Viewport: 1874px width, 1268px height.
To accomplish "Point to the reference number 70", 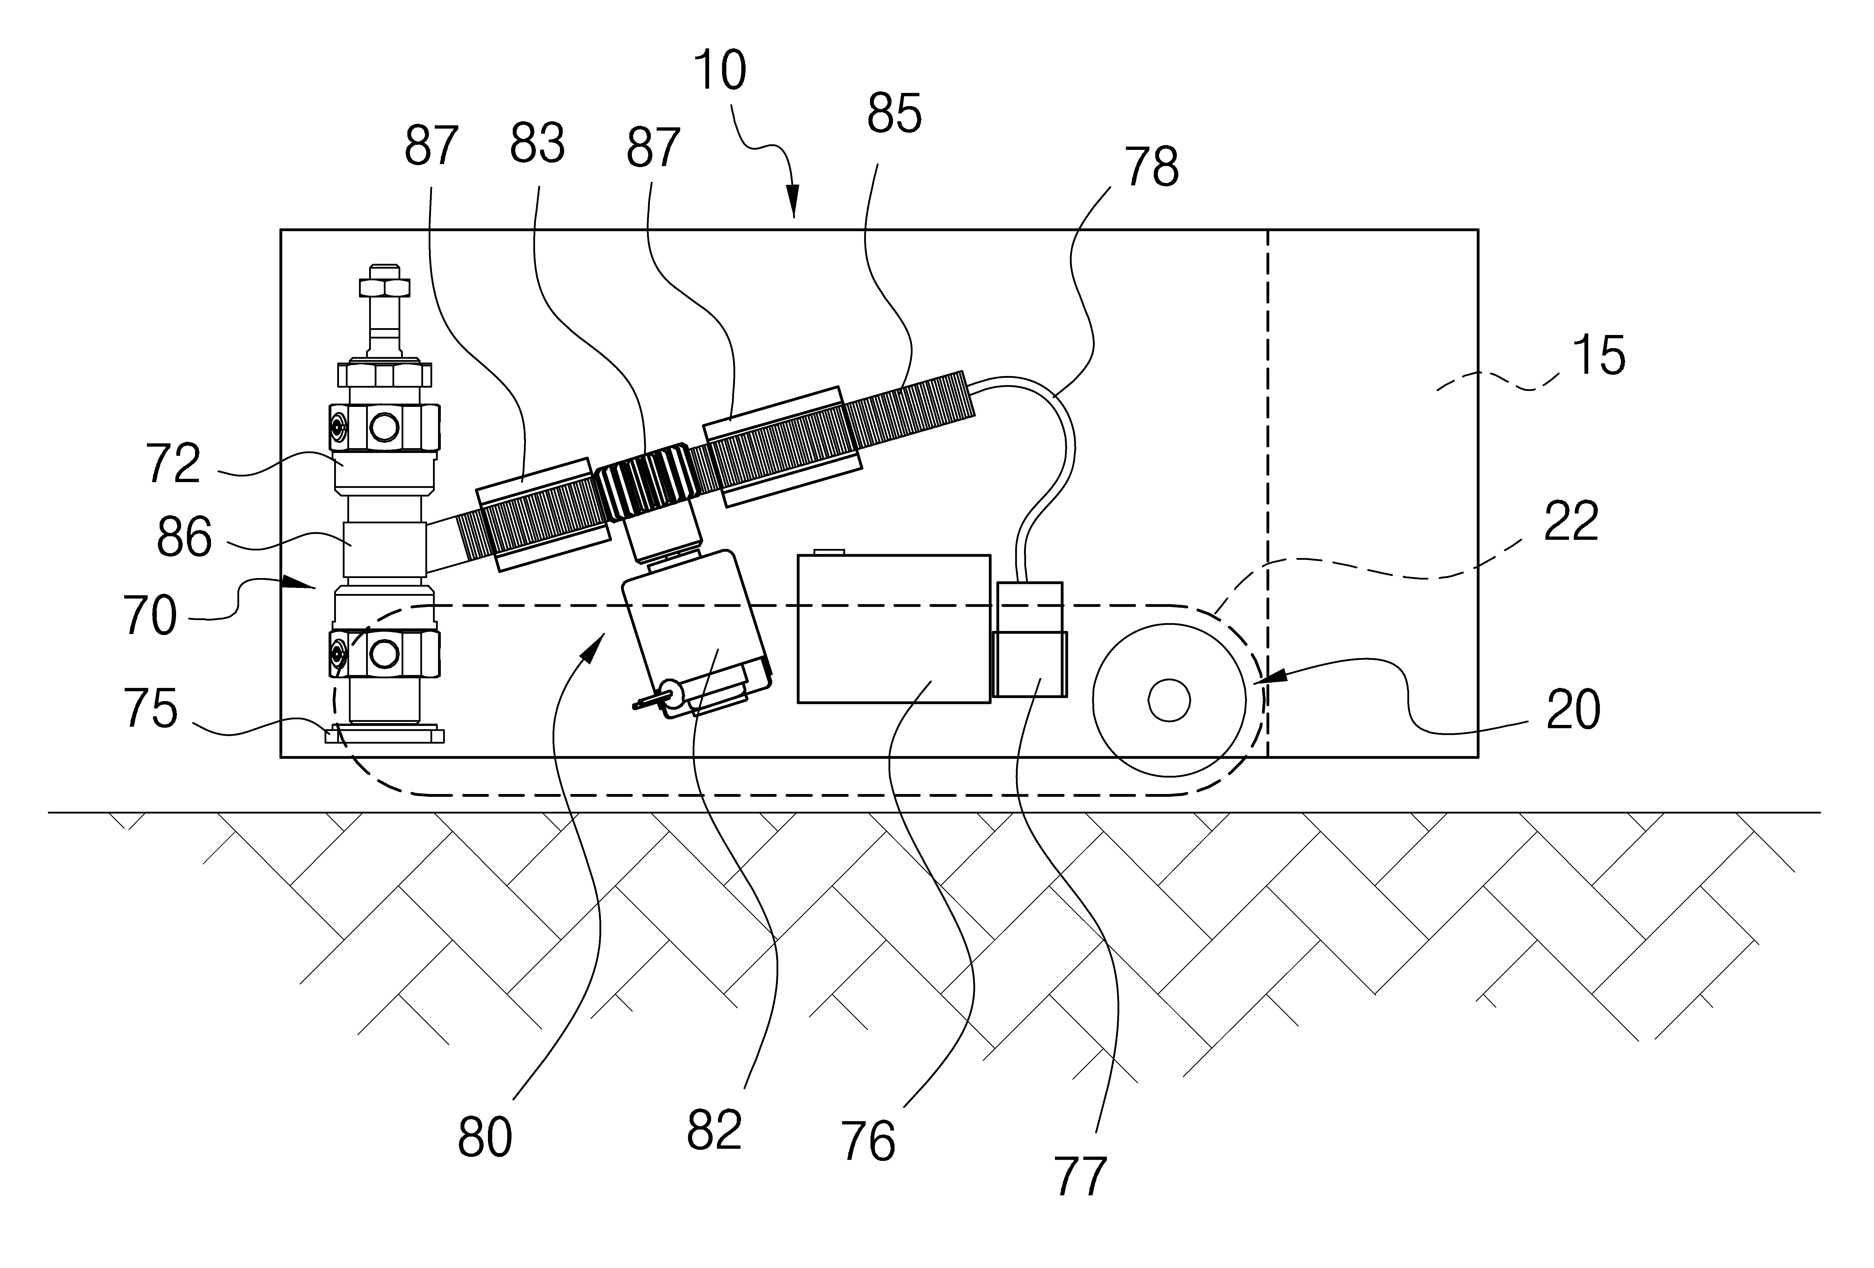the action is [x=150, y=616].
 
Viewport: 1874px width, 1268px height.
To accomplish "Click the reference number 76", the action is [x=868, y=1141].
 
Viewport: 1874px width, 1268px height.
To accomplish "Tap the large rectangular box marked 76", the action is [x=894, y=629].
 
